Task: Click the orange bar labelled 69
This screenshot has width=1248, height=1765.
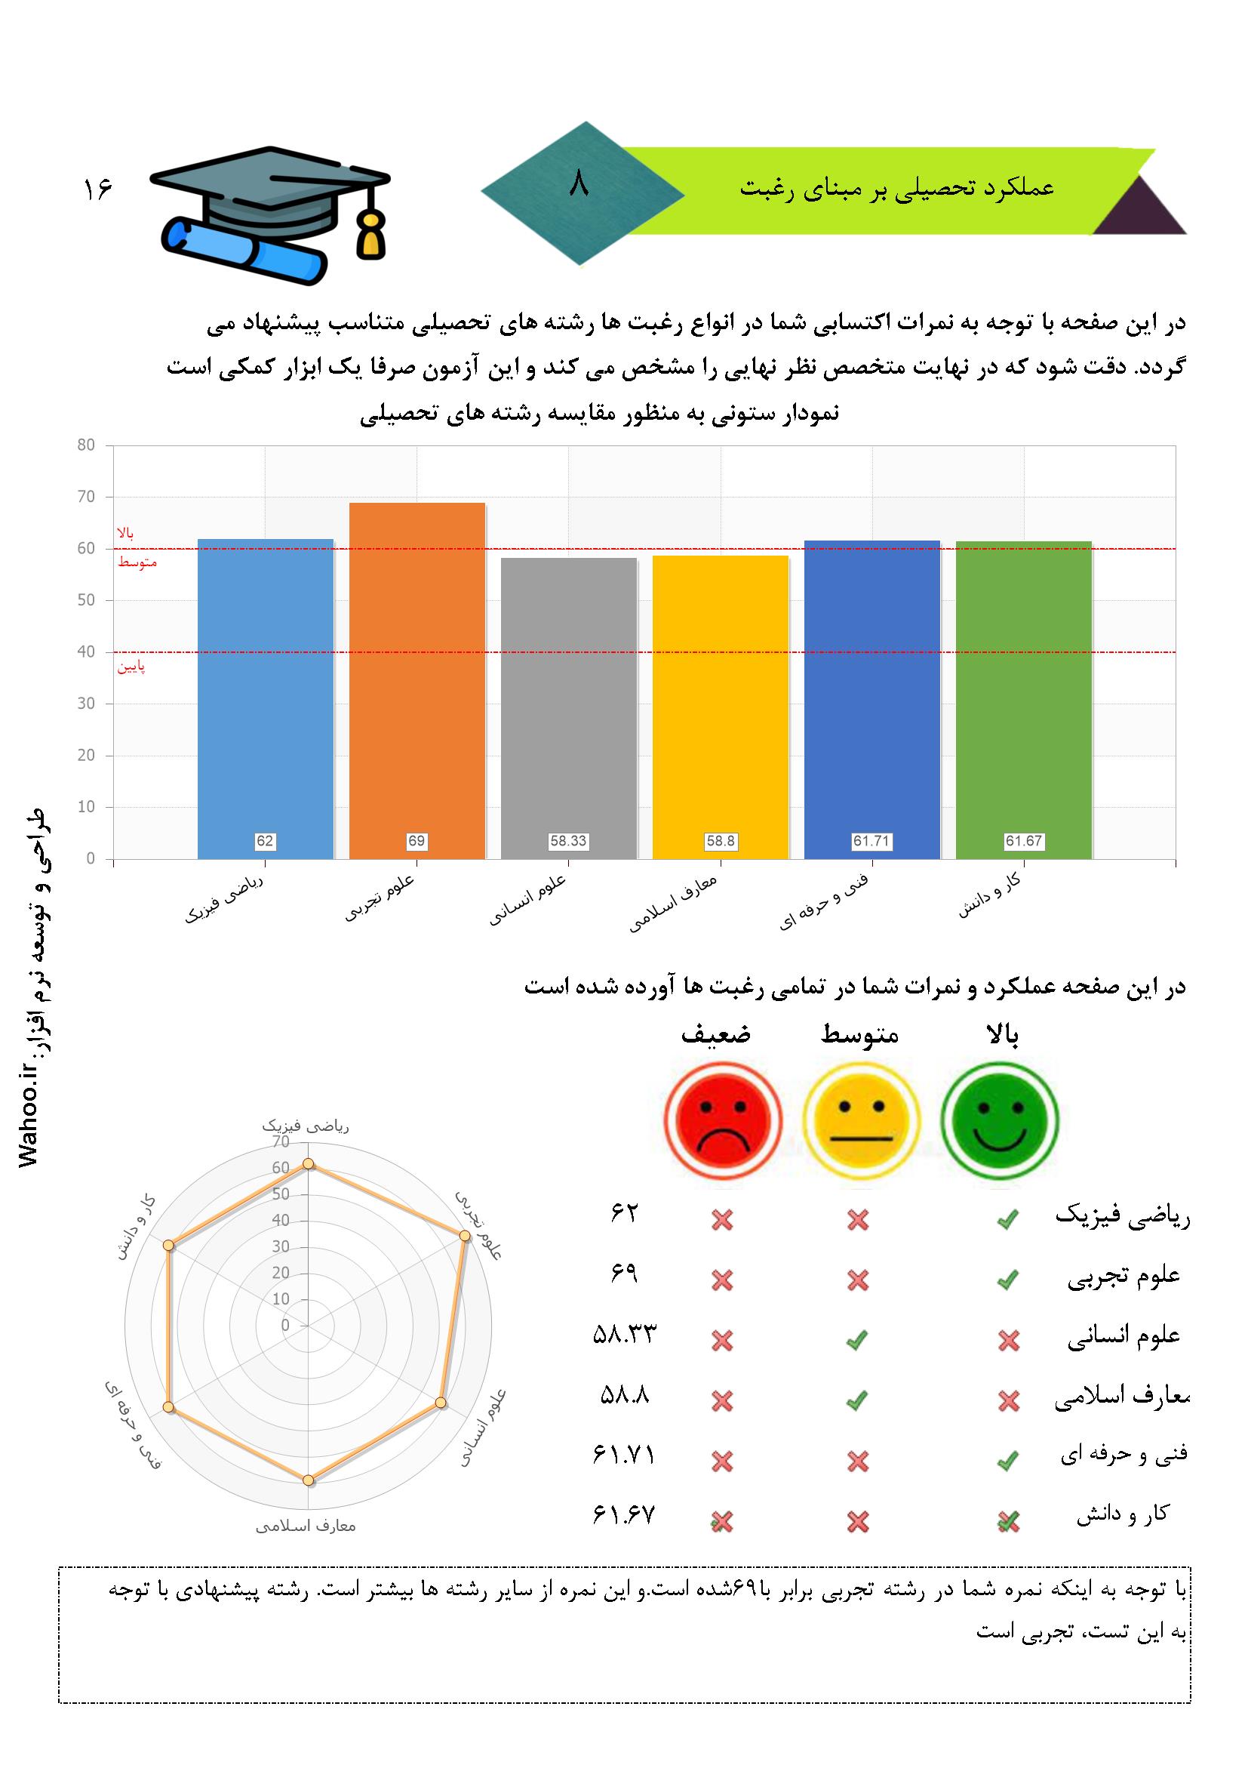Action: coord(417,680)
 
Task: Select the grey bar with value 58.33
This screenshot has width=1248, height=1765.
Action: coord(569,708)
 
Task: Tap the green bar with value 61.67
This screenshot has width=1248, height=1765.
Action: coord(1024,700)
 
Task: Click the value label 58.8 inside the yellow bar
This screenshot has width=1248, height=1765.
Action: coord(721,841)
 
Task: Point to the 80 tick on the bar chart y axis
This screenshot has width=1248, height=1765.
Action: coord(86,445)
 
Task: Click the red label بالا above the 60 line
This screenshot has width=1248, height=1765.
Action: coord(125,533)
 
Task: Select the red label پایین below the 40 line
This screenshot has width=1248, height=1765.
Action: coord(131,667)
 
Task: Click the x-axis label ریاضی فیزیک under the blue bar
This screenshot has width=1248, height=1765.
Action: coord(223,898)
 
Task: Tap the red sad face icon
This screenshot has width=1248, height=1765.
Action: coord(722,1119)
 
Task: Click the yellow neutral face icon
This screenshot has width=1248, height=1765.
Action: coord(861,1119)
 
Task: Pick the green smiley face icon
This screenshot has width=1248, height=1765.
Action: coord(1000,1119)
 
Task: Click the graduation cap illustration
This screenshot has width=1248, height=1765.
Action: coord(269,214)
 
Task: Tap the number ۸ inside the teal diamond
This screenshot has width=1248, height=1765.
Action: coord(578,184)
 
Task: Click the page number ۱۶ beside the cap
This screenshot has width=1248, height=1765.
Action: coord(97,189)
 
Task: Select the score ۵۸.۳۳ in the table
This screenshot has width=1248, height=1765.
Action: coord(625,1335)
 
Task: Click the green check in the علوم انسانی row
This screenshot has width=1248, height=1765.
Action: coord(857,1341)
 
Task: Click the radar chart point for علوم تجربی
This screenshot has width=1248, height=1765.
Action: coord(464,1235)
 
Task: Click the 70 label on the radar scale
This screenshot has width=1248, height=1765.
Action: coord(281,1142)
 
